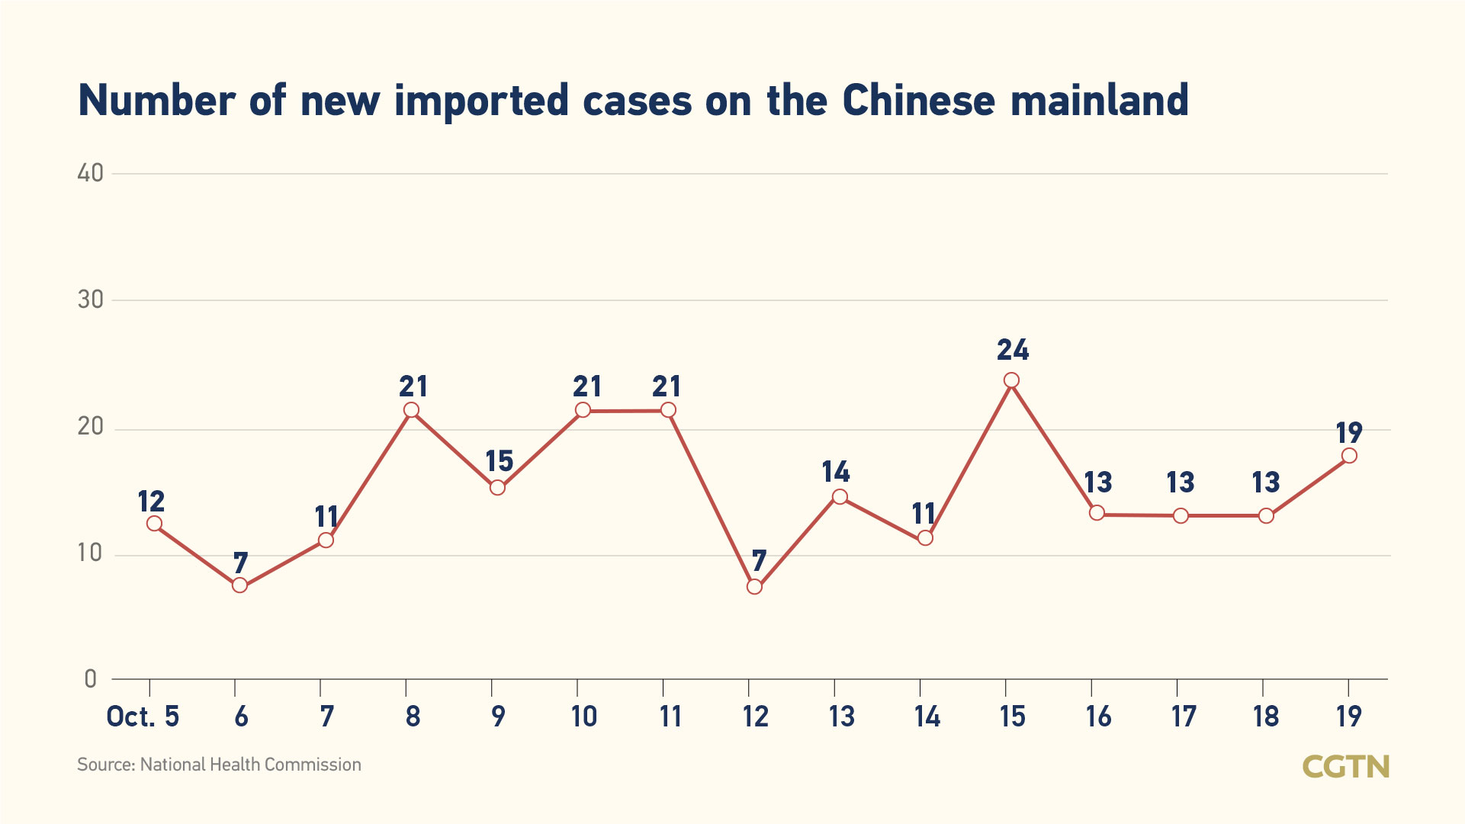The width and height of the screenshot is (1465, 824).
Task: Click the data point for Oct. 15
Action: click(x=1011, y=380)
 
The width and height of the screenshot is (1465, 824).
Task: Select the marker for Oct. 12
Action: click(x=754, y=586)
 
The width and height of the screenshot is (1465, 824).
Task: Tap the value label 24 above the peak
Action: click(x=1013, y=350)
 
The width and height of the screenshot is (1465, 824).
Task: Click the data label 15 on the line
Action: click(x=500, y=461)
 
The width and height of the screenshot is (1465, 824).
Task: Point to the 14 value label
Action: click(x=836, y=472)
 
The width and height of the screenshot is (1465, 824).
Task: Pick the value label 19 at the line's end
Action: click(x=1349, y=433)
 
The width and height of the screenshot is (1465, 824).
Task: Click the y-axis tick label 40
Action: click(x=91, y=173)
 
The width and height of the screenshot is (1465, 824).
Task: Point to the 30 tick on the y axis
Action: click(x=91, y=300)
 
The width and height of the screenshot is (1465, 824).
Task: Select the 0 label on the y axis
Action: click(x=91, y=678)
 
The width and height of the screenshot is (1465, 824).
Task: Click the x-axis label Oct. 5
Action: click(x=143, y=717)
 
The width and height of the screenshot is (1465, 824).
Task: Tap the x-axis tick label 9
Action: click(x=498, y=717)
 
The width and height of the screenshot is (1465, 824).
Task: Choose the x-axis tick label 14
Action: click(x=927, y=717)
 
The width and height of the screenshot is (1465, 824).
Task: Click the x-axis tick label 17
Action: click(x=1184, y=717)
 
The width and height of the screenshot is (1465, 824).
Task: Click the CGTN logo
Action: click(x=1345, y=766)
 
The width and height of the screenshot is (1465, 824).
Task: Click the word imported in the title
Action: click(x=481, y=101)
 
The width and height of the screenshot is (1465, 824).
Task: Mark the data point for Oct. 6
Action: click(x=239, y=585)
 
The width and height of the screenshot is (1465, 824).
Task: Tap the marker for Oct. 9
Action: click(x=497, y=487)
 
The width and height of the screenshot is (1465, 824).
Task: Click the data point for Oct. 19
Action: click(x=1349, y=456)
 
